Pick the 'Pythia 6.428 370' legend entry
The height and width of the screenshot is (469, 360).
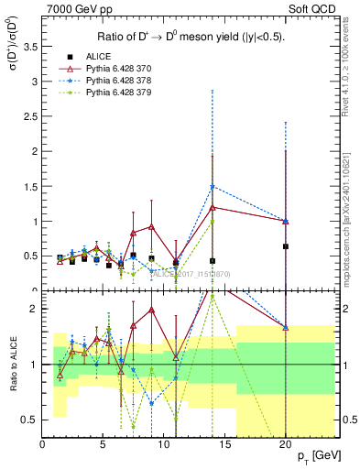point(132,69)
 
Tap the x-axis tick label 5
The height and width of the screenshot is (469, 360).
point(103,444)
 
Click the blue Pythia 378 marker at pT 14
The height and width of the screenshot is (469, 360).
point(213,187)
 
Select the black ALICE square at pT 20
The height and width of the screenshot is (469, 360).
point(286,246)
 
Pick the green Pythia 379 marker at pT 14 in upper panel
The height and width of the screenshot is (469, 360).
point(213,221)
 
